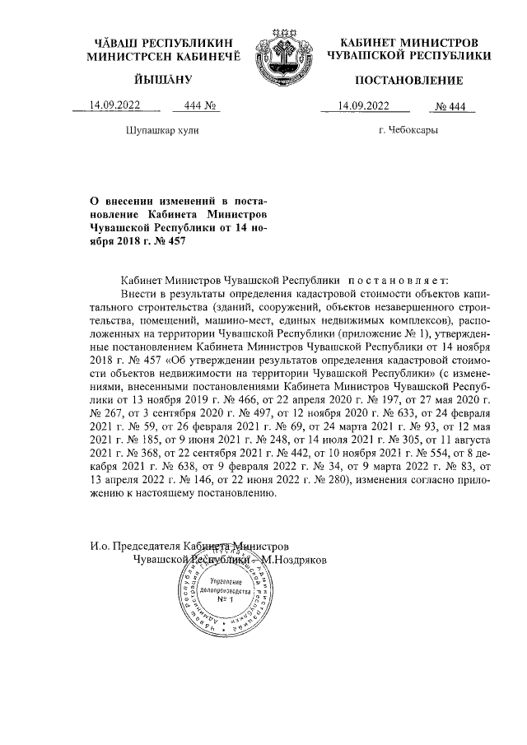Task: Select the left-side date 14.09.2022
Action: tap(116, 105)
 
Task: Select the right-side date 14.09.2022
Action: tap(363, 105)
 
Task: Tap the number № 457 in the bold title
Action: tap(170, 240)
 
